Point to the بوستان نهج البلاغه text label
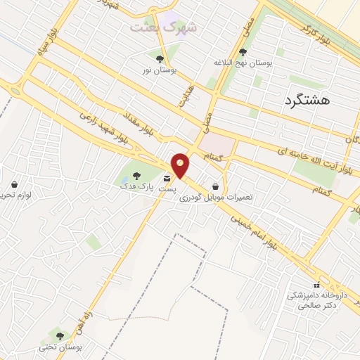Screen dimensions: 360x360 coord(243,63)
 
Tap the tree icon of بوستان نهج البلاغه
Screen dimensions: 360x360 coord(243,51)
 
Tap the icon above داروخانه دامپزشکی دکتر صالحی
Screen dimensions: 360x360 coord(316,285)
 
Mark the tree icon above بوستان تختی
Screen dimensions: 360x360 coord(60,336)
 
